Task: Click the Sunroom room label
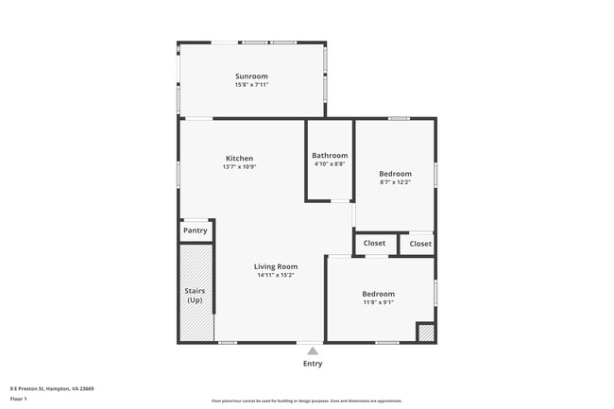click(251, 77)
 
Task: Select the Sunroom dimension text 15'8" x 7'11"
click(251, 85)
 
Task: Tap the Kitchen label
click(239, 159)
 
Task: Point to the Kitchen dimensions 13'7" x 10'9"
click(239, 167)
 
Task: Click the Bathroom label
click(330, 155)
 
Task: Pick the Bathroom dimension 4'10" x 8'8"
click(330, 163)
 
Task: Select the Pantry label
click(196, 230)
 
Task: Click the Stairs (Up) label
click(195, 296)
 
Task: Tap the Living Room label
click(276, 266)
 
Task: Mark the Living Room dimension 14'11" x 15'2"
click(276, 275)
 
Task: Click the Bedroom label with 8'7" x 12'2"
click(395, 174)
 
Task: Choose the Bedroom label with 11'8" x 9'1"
click(378, 294)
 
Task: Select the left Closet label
click(374, 244)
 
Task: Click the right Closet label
click(420, 244)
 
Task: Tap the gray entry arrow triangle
click(313, 350)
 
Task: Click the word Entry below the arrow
click(313, 364)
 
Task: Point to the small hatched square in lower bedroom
click(426, 332)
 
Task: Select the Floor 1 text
click(19, 399)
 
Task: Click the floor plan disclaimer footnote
click(306, 401)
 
